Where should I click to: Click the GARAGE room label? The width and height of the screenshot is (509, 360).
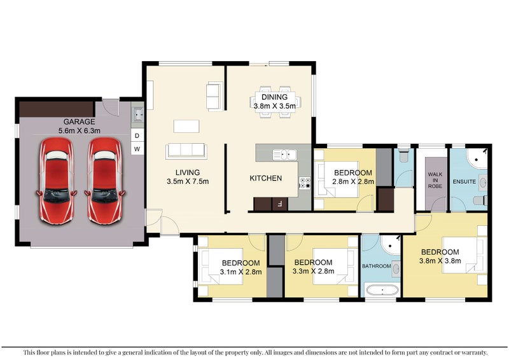click(x=79, y=121)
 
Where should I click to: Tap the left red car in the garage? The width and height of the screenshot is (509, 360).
click(x=57, y=181)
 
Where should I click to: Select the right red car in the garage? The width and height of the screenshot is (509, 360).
click(x=105, y=181)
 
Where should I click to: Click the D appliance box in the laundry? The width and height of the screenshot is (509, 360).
click(x=137, y=135)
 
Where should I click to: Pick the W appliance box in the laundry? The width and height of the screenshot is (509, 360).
click(x=137, y=149)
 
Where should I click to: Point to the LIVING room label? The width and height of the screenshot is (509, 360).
click(x=188, y=172)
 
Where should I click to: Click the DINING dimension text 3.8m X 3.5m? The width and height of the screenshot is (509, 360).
click(x=275, y=106)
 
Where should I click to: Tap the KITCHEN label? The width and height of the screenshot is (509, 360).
click(x=265, y=178)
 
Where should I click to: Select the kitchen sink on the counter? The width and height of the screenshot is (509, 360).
click(x=284, y=155)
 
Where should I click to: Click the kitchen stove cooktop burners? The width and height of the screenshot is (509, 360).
click(x=305, y=183)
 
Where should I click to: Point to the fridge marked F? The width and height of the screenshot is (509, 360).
click(x=279, y=204)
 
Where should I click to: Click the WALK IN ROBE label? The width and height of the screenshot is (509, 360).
click(x=435, y=180)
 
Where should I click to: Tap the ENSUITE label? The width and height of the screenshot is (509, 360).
click(x=464, y=182)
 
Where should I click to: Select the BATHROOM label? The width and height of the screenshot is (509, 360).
click(x=376, y=267)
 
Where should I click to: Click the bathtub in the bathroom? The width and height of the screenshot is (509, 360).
click(x=382, y=290)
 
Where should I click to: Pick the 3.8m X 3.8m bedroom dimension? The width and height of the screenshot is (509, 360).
click(x=440, y=261)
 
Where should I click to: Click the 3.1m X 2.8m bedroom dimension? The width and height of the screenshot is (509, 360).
click(x=241, y=272)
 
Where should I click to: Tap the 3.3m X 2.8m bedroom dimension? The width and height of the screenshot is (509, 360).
click(x=313, y=271)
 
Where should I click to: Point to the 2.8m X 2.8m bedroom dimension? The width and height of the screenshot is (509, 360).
click(x=353, y=181)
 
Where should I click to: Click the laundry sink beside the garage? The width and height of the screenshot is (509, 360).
click(x=137, y=114)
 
